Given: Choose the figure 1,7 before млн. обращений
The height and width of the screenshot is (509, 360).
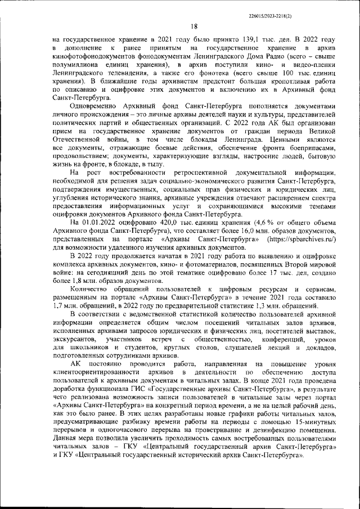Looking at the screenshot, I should tap(58, 313).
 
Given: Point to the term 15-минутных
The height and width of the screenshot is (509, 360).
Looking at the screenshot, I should tap(316, 439).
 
